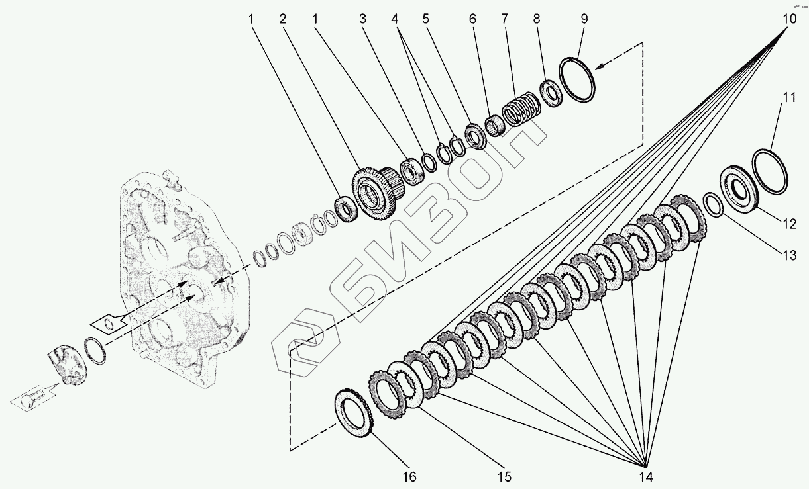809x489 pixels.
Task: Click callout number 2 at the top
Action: pyautogui.click(x=282, y=19)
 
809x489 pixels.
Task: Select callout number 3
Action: pyautogui.click(x=363, y=19)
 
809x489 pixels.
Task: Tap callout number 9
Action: pyautogui.click(x=584, y=19)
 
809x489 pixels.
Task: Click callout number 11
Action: pyautogui.click(x=788, y=99)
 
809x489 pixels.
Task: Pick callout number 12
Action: pyautogui.click(x=788, y=224)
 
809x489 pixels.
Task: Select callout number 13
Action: pyautogui.click(x=788, y=257)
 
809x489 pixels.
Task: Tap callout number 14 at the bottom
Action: pyautogui.click(x=646, y=476)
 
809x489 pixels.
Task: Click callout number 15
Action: pyautogui.click(x=505, y=476)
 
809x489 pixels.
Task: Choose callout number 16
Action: pyautogui.click(x=409, y=476)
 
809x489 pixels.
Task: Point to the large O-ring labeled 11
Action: pyautogui.click(x=769, y=170)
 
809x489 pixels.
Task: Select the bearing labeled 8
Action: pyautogui.click(x=551, y=93)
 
